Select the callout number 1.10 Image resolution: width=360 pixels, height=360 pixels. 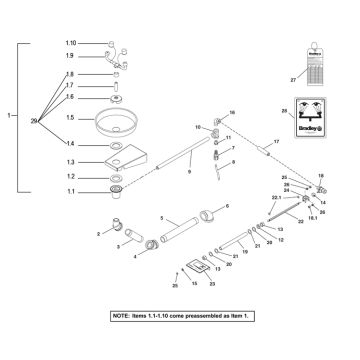click(70, 44)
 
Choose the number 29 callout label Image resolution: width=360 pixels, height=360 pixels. click(35, 120)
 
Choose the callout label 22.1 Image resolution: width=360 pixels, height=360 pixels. click(276, 199)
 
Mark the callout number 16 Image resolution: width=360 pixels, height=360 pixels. click(231, 112)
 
